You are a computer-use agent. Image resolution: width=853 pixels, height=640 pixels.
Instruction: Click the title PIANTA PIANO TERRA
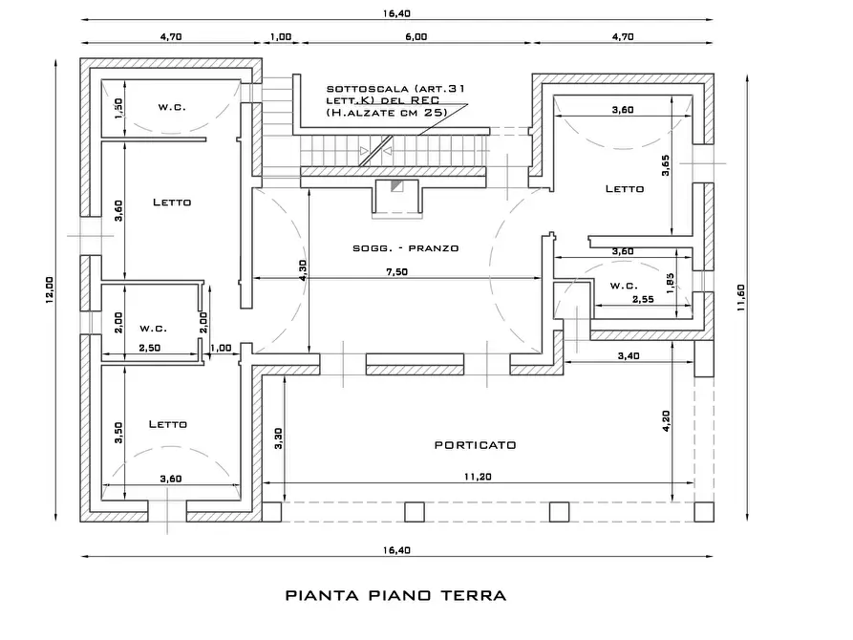(x=395, y=595)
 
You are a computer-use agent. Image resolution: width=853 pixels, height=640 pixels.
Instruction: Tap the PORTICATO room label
(x=475, y=445)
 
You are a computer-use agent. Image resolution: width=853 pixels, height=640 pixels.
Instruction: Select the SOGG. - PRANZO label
(x=406, y=248)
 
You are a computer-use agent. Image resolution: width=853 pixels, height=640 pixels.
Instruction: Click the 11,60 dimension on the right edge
(x=740, y=298)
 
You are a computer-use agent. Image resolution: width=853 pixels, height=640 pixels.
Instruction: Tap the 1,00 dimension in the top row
(x=281, y=36)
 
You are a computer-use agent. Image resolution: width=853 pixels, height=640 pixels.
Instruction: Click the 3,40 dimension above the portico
(x=629, y=356)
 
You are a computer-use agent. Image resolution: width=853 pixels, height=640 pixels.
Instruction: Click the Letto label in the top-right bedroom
(x=625, y=189)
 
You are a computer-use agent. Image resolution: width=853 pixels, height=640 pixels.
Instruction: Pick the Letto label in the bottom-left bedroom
(x=167, y=424)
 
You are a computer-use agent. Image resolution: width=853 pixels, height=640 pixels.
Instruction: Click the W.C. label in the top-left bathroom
(x=172, y=107)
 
